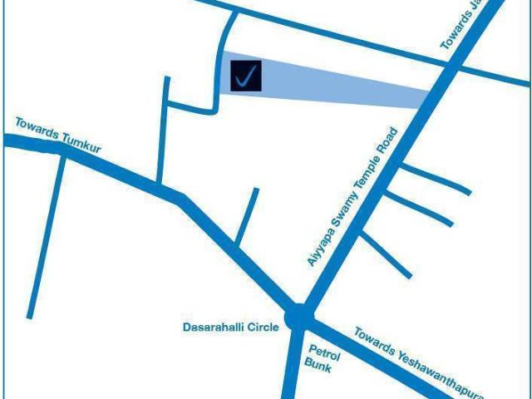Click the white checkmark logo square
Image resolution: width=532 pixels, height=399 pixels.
246,76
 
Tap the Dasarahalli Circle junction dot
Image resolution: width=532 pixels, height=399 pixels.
298,317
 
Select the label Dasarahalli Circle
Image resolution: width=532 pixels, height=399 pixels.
230,328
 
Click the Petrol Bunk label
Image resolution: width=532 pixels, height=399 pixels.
318,357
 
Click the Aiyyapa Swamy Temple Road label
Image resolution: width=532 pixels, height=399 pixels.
352,198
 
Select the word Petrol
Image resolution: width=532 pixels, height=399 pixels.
320,351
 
